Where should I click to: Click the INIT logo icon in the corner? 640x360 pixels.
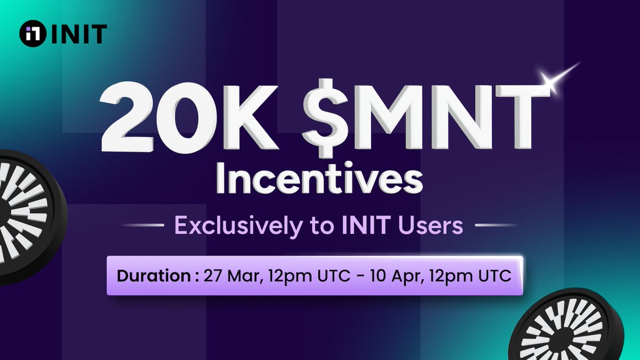[x=31, y=34]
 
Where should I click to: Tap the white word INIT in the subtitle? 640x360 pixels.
[x=355, y=226]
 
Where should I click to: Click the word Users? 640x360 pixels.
[x=432, y=226]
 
